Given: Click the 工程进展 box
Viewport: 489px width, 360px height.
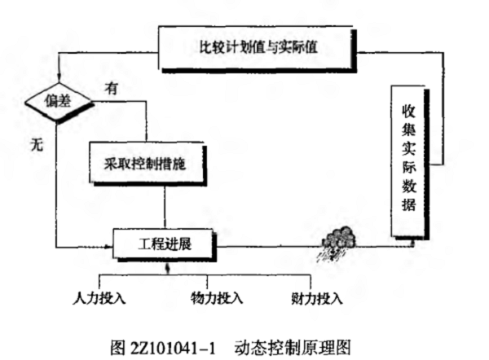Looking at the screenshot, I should click(164, 243).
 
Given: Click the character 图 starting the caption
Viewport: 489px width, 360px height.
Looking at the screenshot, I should click(117, 345).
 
